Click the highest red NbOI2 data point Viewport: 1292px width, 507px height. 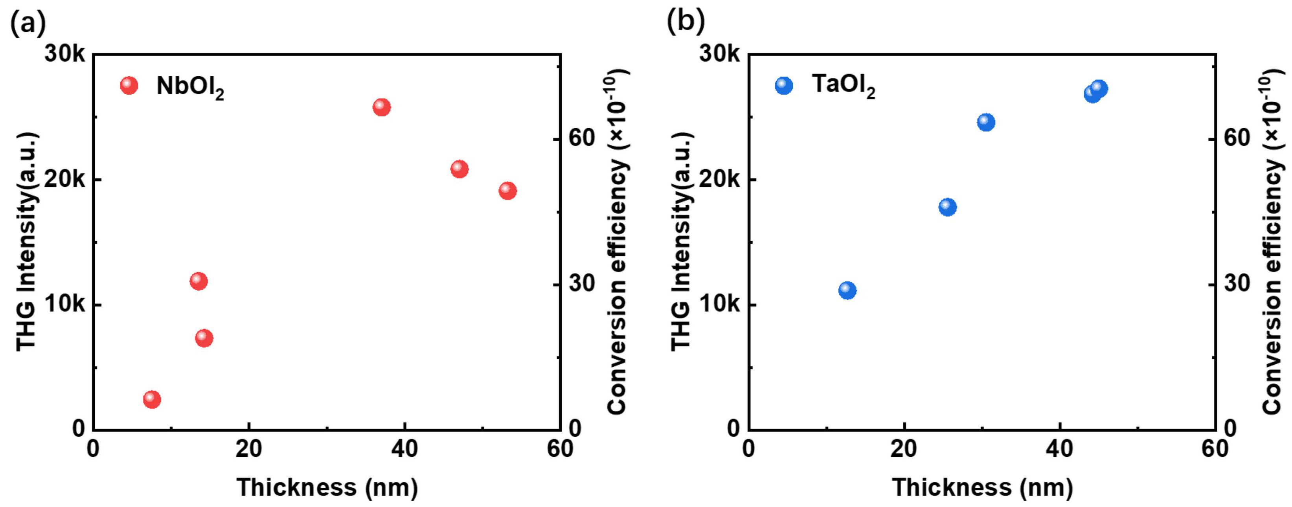(382, 107)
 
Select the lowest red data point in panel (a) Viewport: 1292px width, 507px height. (152, 399)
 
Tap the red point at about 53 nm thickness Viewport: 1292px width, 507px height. (507, 191)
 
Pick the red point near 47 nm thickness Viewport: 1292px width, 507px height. (459, 169)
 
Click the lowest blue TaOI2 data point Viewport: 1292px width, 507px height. (847, 290)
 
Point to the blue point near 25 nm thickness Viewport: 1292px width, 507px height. (947, 207)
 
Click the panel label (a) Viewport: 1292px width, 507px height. (28, 22)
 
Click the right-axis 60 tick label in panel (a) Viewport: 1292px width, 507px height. (581, 138)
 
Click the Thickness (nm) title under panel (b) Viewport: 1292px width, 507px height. (982, 487)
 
